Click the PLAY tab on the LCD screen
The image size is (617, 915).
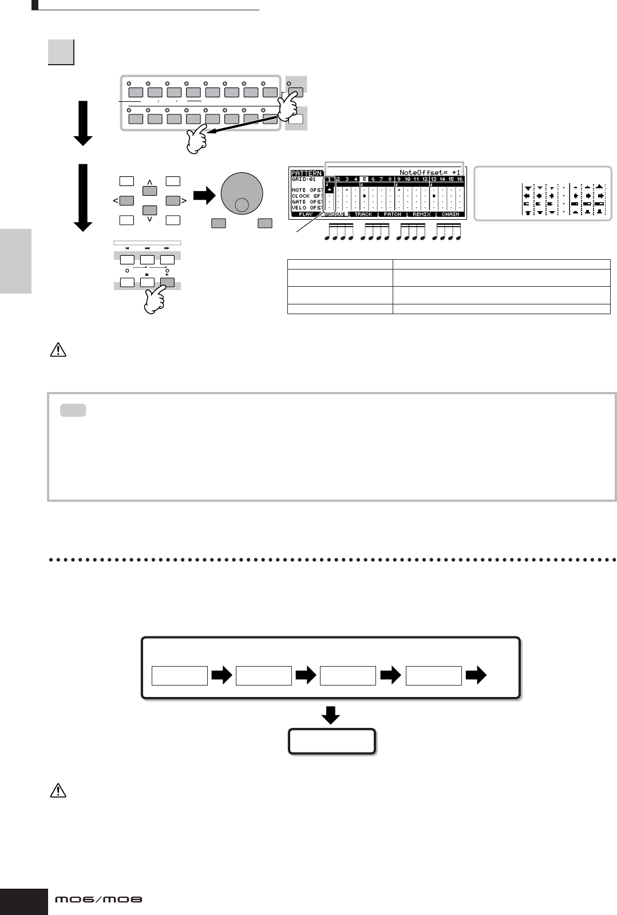click(x=305, y=215)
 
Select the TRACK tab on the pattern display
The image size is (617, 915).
click(x=363, y=215)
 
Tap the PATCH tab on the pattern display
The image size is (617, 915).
click(x=392, y=215)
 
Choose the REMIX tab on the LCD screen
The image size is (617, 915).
click(x=421, y=215)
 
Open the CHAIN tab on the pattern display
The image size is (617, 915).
click(x=450, y=215)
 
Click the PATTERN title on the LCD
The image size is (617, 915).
click(x=306, y=172)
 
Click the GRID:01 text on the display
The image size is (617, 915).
click(x=303, y=179)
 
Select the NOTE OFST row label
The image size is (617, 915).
click(x=307, y=190)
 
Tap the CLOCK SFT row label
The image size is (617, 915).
click(x=307, y=196)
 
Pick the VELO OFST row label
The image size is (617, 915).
click(x=307, y=207)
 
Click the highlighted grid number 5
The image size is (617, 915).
click(x=364, y=179)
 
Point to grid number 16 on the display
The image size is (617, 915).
click(x=460, y=179)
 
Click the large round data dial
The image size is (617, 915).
click(x=242, y=195)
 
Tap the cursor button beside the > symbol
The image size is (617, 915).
click(x=173, y=201)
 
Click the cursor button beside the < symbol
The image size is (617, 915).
click(x=127, y=201)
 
